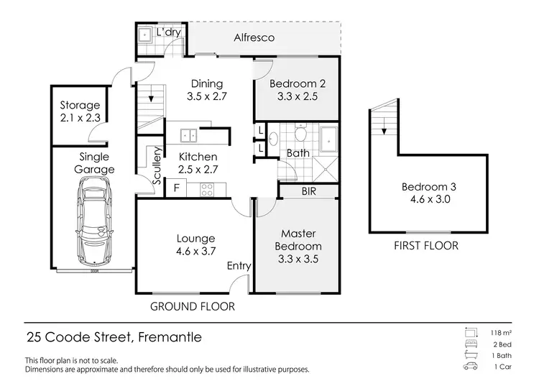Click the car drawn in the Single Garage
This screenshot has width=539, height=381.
coord(94,222)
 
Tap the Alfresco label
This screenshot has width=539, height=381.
coord(254,37)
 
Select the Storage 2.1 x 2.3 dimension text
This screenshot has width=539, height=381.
coord(80,118)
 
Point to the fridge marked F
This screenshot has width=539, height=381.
coord(176,188)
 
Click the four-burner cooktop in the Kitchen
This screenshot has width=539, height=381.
coord(207,190)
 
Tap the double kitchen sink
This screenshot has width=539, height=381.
coord(188,135)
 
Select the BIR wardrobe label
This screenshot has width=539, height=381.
coord(309,191)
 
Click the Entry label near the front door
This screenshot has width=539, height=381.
coord(239,266)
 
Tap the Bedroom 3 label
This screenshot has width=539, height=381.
coord(428,187)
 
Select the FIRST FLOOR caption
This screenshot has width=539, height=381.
coord(426,246)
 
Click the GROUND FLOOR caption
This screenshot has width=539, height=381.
coord(193,306)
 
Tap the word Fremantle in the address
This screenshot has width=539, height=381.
coord(170,337)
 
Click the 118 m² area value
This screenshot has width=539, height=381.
coord(501,333)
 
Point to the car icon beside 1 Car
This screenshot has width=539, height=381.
coord(470,366)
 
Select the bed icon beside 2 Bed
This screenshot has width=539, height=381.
coord(471,344)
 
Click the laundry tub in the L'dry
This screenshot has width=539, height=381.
coord(144,35)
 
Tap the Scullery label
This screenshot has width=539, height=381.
coord(157,166)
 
